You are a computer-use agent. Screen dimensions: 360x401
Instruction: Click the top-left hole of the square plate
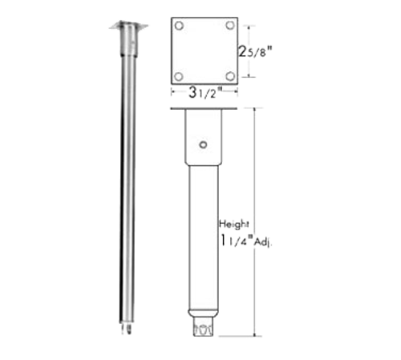pyautogui.click(x=179, y=25)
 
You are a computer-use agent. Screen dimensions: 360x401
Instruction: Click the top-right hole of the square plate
pyautogui.click(x=230, y=25)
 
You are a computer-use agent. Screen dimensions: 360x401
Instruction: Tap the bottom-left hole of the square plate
pyautogui.click(x=179, y=76)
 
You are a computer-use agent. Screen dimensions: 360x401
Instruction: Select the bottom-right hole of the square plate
pyautogui.click(x=230, y=76)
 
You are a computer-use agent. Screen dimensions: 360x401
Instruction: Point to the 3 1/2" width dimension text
pyautogui.click(x=205, y=91)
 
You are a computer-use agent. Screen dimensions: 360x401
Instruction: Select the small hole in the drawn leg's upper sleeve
pyautogui.click(x=205, y=145)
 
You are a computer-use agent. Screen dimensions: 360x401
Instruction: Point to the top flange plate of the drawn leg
pyautogui.click(x=205, y=108)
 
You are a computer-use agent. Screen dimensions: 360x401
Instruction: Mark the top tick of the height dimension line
pyautogui.click(x=257, y=107)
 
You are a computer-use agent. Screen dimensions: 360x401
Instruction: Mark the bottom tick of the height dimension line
pyautogui.click(x=257, y=334)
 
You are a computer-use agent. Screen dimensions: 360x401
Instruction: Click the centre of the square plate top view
pyautogui.click(x=205, y=50)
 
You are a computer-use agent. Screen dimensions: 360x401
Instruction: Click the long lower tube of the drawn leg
pyautogui.click(x=205, y=241)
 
